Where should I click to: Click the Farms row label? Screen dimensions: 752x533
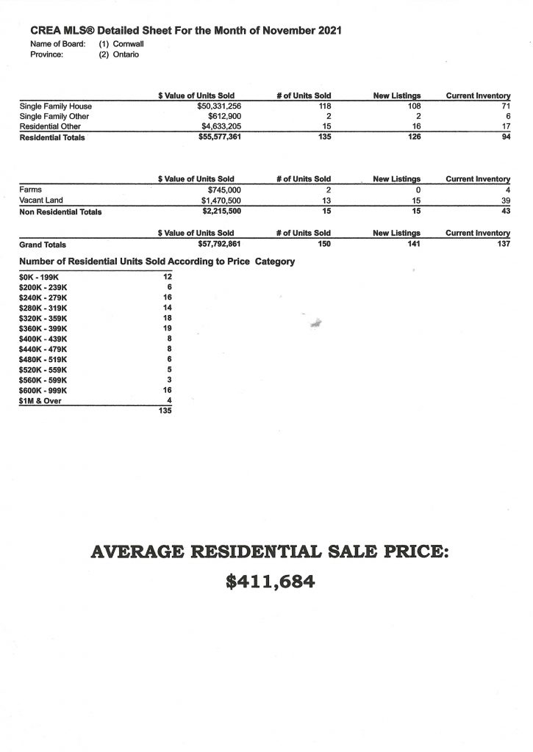(31, 189)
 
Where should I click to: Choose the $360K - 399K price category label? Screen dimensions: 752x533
(43, 328)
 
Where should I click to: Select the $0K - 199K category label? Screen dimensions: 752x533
(37, 277)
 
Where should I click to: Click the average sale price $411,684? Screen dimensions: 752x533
(270, 582)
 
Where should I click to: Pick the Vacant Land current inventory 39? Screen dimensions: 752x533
(505, 200)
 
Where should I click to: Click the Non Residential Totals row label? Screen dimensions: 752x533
(60, 211)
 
